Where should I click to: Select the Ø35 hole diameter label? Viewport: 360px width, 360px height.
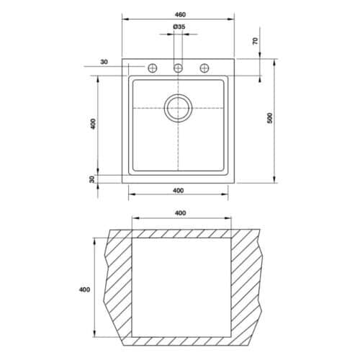(x=179, y=27)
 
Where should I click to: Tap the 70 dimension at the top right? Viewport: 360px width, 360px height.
(x=256, y=42)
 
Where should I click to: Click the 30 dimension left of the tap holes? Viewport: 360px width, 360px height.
(x=104, y=63)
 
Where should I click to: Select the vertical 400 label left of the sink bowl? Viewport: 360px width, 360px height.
(x=93, y=124)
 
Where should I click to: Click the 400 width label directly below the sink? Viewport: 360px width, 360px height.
(x=179, y=190)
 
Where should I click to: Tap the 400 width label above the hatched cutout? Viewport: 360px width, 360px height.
(x=180, y=213)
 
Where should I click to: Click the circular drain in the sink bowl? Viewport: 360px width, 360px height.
(x=178, y=108)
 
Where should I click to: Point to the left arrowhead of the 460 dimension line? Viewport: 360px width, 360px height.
(x=124, y=20)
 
